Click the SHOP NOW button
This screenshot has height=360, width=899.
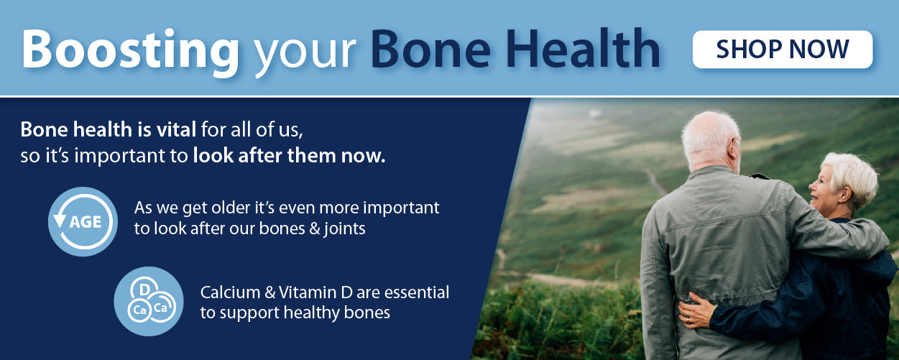782,50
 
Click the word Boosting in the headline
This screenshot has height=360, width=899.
130,51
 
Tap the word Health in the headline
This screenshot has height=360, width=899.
582,48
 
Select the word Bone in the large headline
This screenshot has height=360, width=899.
430,49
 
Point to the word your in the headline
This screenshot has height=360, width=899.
305,54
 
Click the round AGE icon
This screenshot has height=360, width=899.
83,221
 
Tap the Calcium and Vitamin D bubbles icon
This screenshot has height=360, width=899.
149,301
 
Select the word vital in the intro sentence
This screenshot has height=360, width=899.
176,129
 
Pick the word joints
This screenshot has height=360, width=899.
344,229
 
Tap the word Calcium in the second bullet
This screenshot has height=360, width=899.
230,292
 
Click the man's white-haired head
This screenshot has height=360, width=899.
711,140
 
